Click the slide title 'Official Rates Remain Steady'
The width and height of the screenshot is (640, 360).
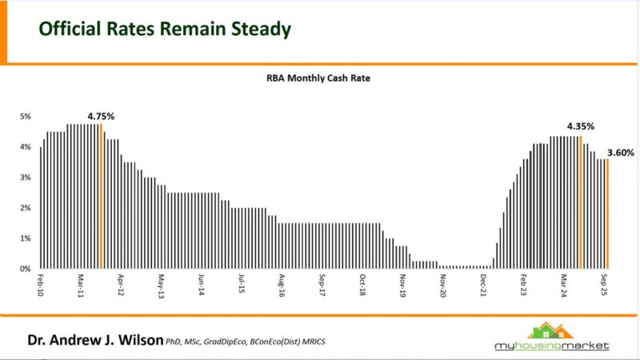pyautogui.click(x=165, y=30)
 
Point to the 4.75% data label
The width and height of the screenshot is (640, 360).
pyautogui.click(x=101, y=116)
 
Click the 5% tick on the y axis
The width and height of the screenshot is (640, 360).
pyautogui.click(x=25, y=116)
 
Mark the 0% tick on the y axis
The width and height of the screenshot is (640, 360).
pyautogui.click(x=25, y=269)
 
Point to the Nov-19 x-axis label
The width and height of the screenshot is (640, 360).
pyautogui.click(x=403, y=286)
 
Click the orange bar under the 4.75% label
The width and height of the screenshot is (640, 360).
pyautogui.click(x=102, y=196)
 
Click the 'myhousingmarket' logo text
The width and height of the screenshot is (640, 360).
pyautogui.click(x=553, y=346)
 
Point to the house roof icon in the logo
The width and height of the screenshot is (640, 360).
pyautogui.click(x=553, y=329)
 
